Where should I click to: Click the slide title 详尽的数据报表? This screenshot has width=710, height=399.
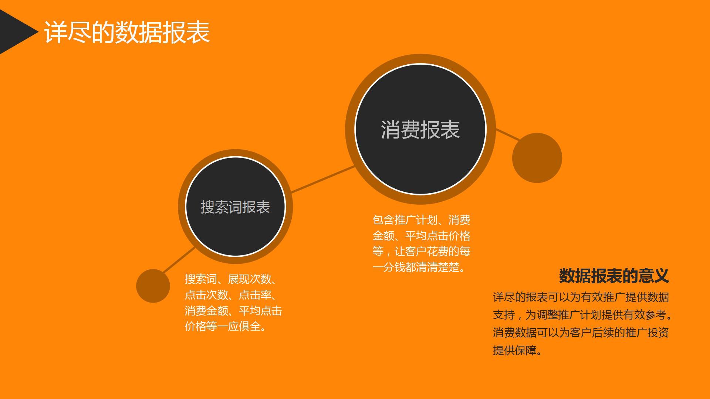(127, 32)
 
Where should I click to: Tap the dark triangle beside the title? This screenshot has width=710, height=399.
(17, 32)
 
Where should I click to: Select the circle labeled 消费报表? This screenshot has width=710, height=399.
(420, 129)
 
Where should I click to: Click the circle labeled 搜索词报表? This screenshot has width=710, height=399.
(235, 207)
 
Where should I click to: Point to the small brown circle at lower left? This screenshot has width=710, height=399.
(153, 286)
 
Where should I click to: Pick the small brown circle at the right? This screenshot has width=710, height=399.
(537, 158)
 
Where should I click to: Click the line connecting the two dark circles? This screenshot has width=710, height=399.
(323, 179)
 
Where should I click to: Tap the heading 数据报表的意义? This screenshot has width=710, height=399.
(614, 276)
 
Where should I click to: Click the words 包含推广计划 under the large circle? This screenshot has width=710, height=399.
(405, 220)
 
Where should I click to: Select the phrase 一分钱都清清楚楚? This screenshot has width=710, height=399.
(416, 267)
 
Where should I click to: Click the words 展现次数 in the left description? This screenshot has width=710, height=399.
(250, 279)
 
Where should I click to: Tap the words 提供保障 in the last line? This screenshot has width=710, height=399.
(514, 350)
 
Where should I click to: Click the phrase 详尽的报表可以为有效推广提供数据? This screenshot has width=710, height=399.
(581, 297)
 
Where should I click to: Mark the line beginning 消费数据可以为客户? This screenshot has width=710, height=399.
(581, 332)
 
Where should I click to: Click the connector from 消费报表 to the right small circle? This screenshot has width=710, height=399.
(508, 135)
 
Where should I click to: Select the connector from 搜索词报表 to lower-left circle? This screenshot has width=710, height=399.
(179, 260)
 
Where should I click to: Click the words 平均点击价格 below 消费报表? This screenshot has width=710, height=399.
(437, 236)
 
